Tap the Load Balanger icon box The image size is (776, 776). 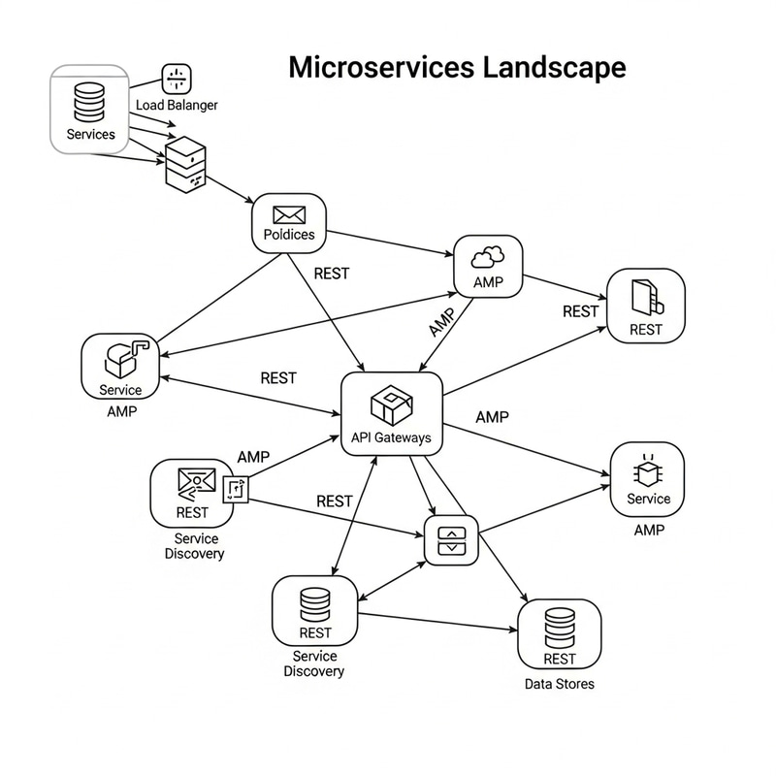click(177, 80)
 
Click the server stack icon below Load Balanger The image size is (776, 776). click(186, 163)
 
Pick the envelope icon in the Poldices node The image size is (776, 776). click(289, 214)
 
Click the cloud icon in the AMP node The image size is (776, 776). click(488, 257)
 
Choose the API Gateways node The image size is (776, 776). click(392, 413)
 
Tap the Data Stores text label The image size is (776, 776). click(560, 684)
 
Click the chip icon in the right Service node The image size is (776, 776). click(648, 472)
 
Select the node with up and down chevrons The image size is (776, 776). click(452, 540)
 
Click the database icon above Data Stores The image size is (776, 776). click(560, 628)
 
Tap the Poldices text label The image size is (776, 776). click(289, 235)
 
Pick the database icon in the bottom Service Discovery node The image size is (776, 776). click(315, 604)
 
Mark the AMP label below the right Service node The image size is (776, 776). click(649, 530)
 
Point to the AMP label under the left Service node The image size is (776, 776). click(120, 410)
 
